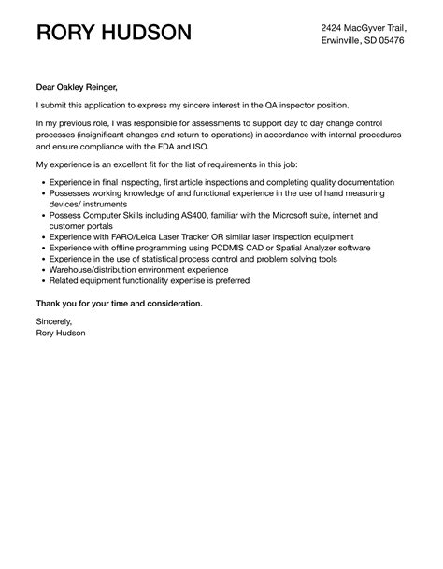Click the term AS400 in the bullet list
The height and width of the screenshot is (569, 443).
tap(181, 215)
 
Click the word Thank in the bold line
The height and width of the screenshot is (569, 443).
tap(50, 303)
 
